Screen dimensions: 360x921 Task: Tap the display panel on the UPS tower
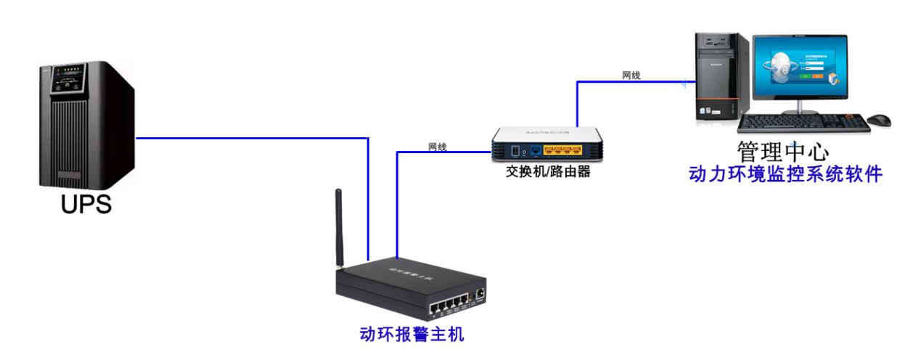(63, 83)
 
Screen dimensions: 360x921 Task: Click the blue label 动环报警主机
(412, 335)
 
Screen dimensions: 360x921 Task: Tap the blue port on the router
(535, 151)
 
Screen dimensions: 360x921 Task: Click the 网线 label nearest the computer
(631, 75)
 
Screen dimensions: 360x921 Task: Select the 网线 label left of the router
(438, 147)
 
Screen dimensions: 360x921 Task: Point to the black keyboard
(803, 123)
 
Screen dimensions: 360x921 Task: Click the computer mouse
(880, 119)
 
